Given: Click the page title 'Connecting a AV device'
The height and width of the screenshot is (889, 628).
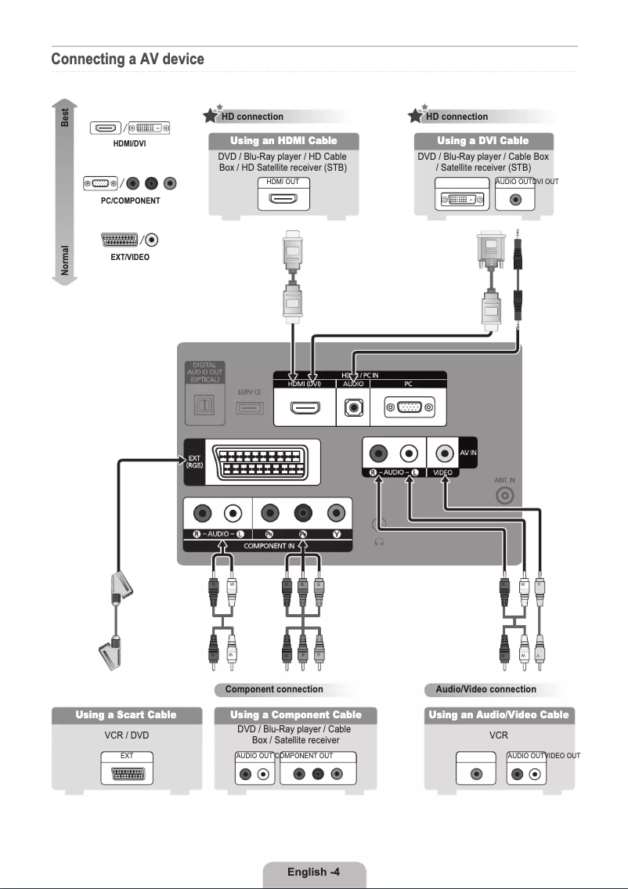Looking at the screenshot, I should point(127,60).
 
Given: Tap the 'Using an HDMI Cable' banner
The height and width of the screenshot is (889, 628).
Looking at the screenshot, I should point(283,141).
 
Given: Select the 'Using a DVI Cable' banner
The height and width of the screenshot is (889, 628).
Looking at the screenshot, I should point(482,141).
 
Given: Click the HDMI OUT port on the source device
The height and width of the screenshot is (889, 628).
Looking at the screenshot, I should point(283,199).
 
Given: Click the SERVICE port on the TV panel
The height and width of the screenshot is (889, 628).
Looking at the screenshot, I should point(250,407).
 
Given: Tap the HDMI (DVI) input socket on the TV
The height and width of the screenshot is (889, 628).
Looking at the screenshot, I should point(304,408).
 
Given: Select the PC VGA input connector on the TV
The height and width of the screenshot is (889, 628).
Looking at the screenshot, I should point(407,408).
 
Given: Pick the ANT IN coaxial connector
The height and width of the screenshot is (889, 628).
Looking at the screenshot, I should point(505,496).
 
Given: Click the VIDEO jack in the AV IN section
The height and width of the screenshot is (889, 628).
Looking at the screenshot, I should point(446,453).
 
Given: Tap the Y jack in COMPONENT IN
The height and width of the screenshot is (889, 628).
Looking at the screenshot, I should point(336,514).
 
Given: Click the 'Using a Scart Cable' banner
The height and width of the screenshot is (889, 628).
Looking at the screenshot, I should point(126,715).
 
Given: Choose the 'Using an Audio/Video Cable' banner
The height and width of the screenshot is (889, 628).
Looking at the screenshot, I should point(499,715).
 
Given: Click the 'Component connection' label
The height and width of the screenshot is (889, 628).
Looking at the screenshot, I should point(274,689).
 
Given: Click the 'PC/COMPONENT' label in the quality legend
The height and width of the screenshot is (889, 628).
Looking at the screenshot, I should point(131,201).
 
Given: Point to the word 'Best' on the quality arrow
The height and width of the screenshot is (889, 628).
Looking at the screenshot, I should point(66,117).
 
